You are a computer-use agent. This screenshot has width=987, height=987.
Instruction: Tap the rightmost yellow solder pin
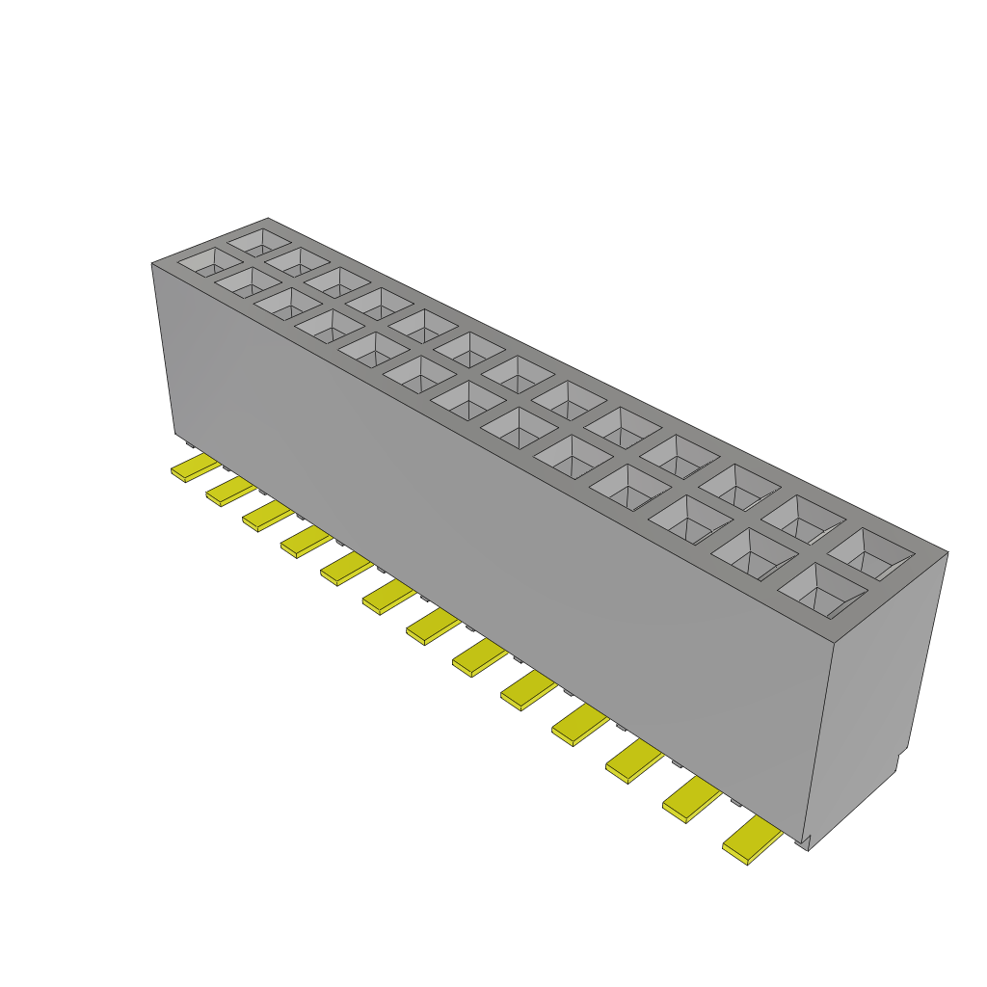[x=752, y=840]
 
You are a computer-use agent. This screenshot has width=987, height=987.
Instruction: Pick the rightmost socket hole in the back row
[x=870, y=553]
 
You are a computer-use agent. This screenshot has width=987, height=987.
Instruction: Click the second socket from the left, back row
[x=297, y=259]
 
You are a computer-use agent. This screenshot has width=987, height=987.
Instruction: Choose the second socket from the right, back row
[x=804, y=518]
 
